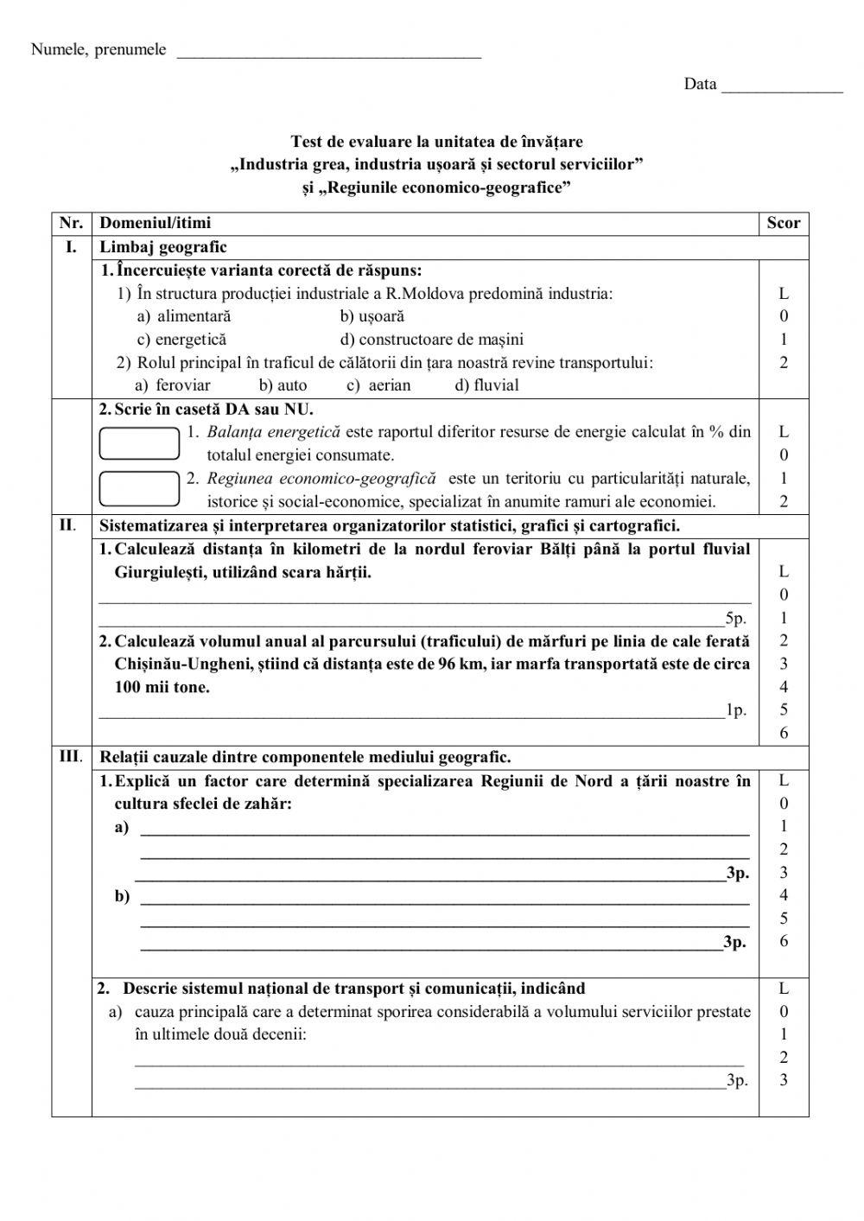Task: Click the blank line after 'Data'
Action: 782,88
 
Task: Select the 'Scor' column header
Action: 783,223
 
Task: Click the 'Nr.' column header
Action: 71,223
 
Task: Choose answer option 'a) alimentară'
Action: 184,316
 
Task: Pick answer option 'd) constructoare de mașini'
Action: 431,340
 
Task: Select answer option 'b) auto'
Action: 283,385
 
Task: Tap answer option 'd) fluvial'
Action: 486,385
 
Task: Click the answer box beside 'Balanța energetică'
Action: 139,442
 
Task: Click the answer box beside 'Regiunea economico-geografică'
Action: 139,488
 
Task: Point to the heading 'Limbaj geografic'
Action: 163,247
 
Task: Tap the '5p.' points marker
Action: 735,618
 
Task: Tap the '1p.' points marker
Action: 735,710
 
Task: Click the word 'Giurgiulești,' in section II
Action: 156,572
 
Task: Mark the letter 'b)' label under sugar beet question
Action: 122,896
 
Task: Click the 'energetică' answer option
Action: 182,340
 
